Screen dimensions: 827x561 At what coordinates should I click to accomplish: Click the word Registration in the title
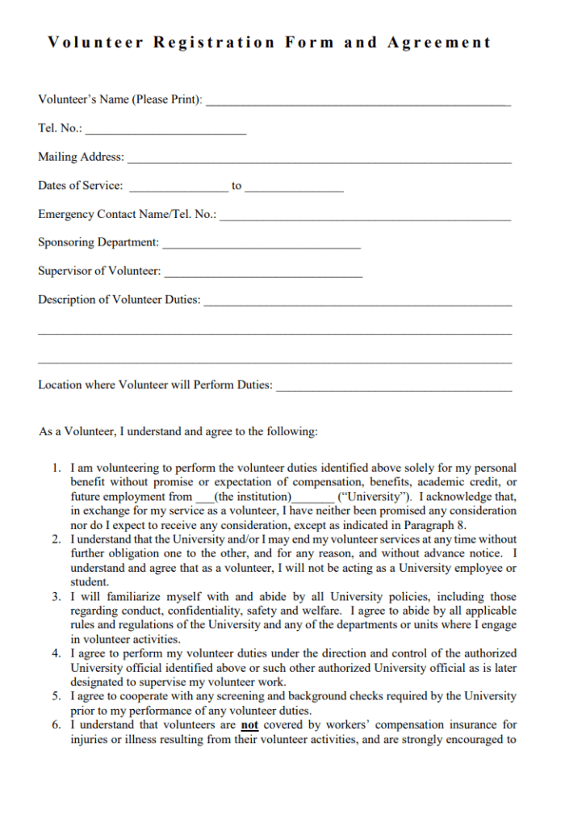pos(214,43)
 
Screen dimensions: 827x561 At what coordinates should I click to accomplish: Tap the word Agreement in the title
pos(439,43)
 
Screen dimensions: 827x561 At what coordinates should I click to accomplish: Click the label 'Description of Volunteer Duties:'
pos(119,300)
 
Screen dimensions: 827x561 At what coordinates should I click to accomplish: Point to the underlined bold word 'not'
pos(249,725)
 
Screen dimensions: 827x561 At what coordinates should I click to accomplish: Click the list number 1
pos(57,468)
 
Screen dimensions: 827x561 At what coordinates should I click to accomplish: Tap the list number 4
pos(57,653)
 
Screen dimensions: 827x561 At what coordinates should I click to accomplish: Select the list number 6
pos(57,725)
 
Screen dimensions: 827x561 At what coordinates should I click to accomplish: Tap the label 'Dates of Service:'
pos(81,186)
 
